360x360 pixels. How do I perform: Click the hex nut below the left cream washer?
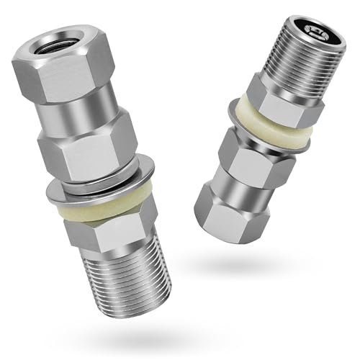[x=115, y=230]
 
